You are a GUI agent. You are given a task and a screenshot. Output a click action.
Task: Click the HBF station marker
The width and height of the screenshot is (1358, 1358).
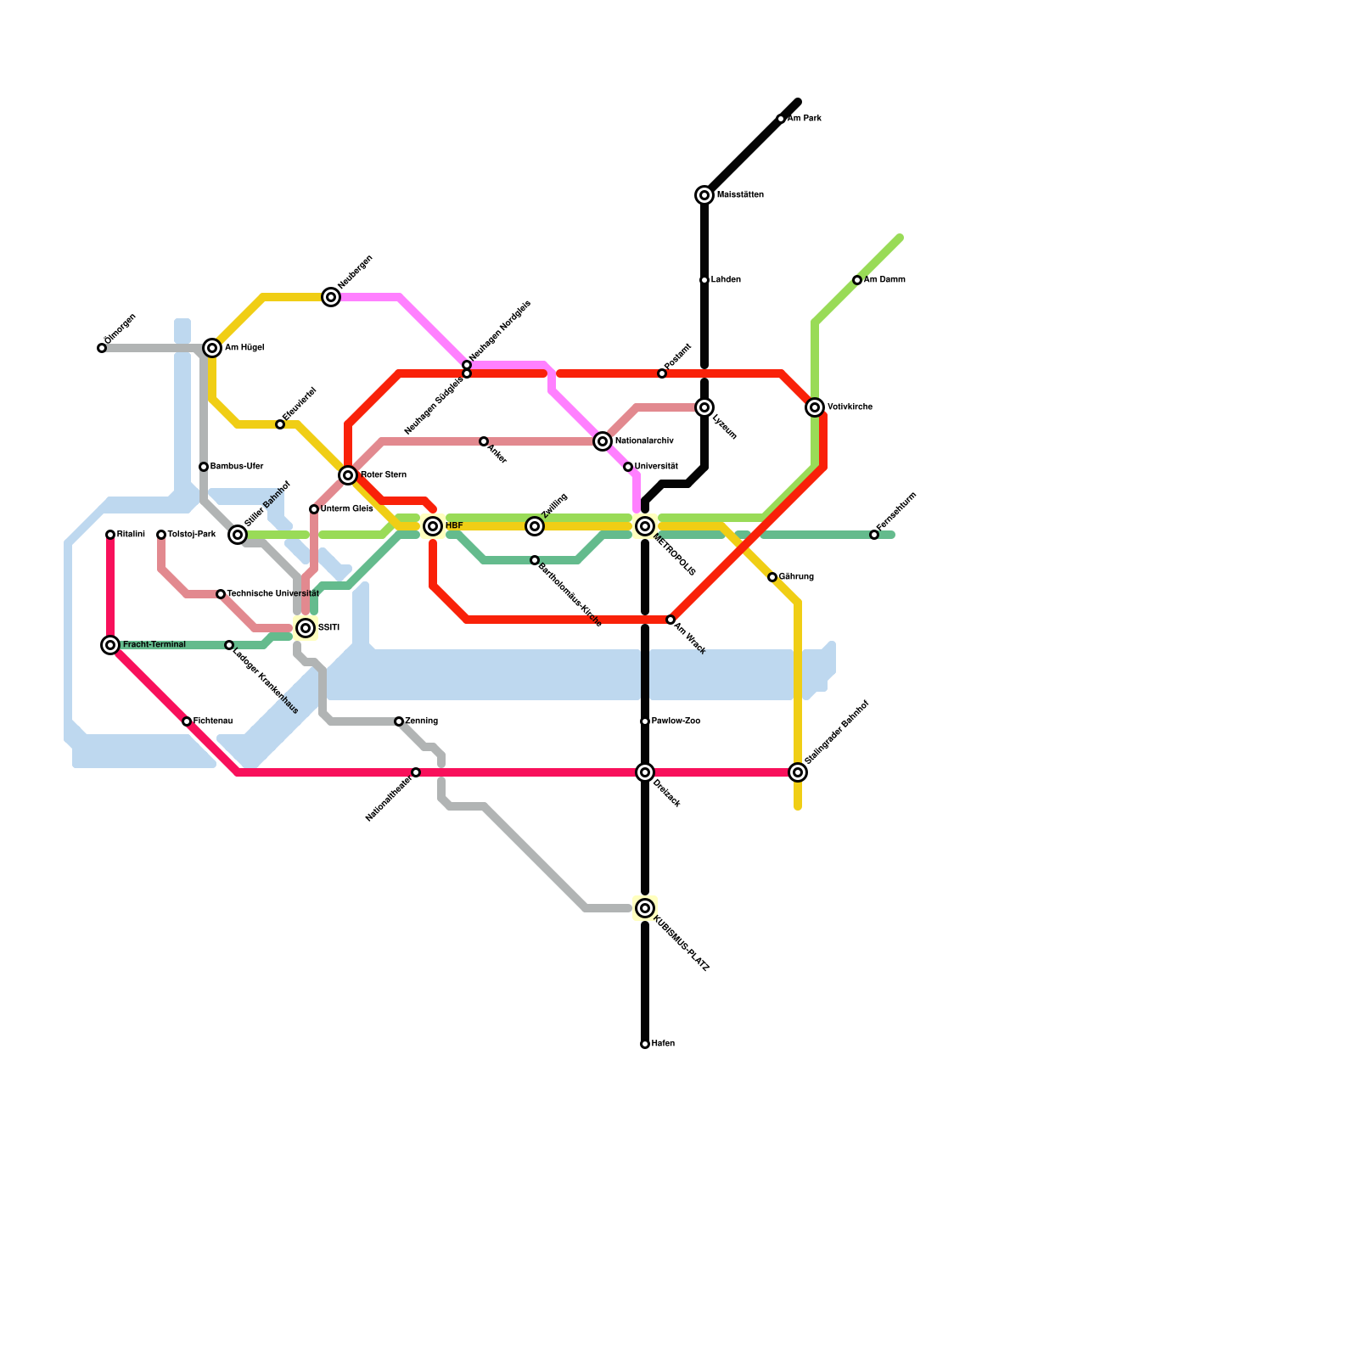tap(433, 526)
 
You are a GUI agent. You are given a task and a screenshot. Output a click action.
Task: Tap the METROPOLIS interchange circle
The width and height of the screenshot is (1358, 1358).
tap(645, 526)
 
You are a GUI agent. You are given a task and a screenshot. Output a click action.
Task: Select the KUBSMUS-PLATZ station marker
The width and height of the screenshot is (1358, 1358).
tap(645, 908)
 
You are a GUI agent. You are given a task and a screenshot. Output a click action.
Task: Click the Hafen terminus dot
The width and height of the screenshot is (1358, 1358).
tap(645, 1044)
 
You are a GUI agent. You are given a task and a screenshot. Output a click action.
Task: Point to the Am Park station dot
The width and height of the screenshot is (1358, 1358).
tap(781, 119)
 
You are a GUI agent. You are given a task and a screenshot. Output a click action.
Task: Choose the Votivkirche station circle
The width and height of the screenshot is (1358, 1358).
tap(815, 407)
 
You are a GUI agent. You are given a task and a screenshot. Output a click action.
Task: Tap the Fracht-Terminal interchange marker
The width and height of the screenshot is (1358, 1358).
tap(110, 645)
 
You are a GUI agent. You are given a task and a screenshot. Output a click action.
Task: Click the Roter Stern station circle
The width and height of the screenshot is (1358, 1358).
tap(348, 475)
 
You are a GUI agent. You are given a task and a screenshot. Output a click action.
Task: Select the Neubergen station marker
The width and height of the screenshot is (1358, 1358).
tap(331, 297)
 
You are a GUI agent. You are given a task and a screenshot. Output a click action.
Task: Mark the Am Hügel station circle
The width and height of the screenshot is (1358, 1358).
tap(212, 348)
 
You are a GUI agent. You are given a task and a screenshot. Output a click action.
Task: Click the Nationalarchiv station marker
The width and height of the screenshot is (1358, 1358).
tap(603, 441)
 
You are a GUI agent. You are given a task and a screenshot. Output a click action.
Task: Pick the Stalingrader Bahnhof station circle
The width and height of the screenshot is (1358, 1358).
tap(798, 772)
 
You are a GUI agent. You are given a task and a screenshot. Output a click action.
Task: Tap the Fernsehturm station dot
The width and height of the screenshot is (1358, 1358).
tap(874, 535)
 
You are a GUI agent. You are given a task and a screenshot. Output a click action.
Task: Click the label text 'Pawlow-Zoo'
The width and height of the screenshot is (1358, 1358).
tap(676, 721)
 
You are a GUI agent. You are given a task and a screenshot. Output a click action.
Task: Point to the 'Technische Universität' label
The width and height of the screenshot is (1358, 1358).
tap(272, 594)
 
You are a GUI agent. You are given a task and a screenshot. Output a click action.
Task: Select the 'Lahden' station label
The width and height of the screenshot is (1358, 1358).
tap(726, 280)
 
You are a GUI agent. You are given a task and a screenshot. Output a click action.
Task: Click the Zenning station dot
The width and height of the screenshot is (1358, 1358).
tap(399, 721)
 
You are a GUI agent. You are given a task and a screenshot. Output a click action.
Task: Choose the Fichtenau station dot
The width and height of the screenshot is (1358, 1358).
tap(187, 721)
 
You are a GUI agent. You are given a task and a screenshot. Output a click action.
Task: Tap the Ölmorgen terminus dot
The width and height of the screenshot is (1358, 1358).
tap(102, 348)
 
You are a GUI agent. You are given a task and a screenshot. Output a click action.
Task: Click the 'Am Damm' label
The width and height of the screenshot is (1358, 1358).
tap(884, 280)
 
